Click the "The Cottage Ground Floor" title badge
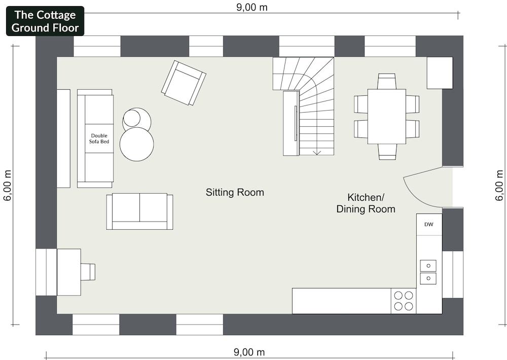coord(45,21)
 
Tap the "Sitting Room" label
coord(235,193)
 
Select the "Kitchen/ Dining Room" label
coord(366,203)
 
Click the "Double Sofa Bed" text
coord(99,138)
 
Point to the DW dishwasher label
coord(429,224)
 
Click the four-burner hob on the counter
coord(404,301)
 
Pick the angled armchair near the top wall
coord(184,83)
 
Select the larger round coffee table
coord(137,144)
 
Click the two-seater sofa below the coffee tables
coord(140,212)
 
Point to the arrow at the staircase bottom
coord(317,152)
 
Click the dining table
coord(387,117)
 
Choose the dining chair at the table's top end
coord(387,81)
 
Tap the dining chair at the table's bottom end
coord(387,152)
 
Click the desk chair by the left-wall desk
coord(88,271)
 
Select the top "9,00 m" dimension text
coord(252,7)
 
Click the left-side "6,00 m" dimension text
coord(8,186)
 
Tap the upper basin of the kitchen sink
coord(428,266)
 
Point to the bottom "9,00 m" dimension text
coord(249,352)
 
